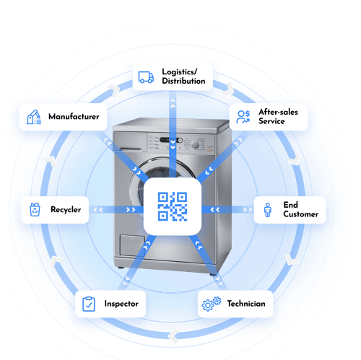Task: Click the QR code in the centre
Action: pyautogui.click(x=173, y=207)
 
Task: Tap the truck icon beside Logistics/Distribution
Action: pyautogui.click(x=147, y=76)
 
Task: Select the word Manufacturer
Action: pyautogui.click(x=73, y=116)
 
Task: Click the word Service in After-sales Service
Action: pyautogui.click(x=271, y=121)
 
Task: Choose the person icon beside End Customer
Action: pyautogui.click(x=268, y=210)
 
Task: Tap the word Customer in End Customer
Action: pyautogui.click(x=300, y=214)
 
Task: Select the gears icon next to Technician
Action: pyautogui.click(x=212, y=304)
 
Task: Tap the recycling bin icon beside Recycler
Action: pyautogui.click(x=34, y=211)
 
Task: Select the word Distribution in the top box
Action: pyautogui.click(x=183, y=82)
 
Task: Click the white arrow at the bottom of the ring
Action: pyautogui.click(x=173, y=334)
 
